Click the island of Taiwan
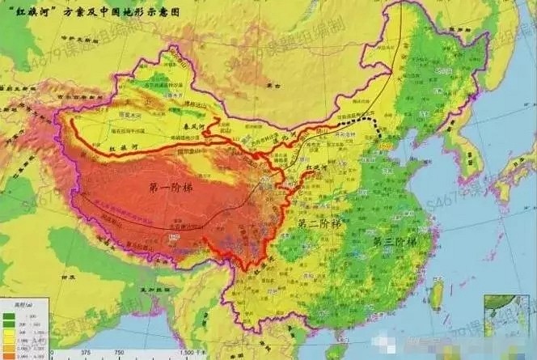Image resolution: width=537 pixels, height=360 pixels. coord(438,292)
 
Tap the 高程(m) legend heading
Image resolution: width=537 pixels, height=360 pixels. coord(11,303)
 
